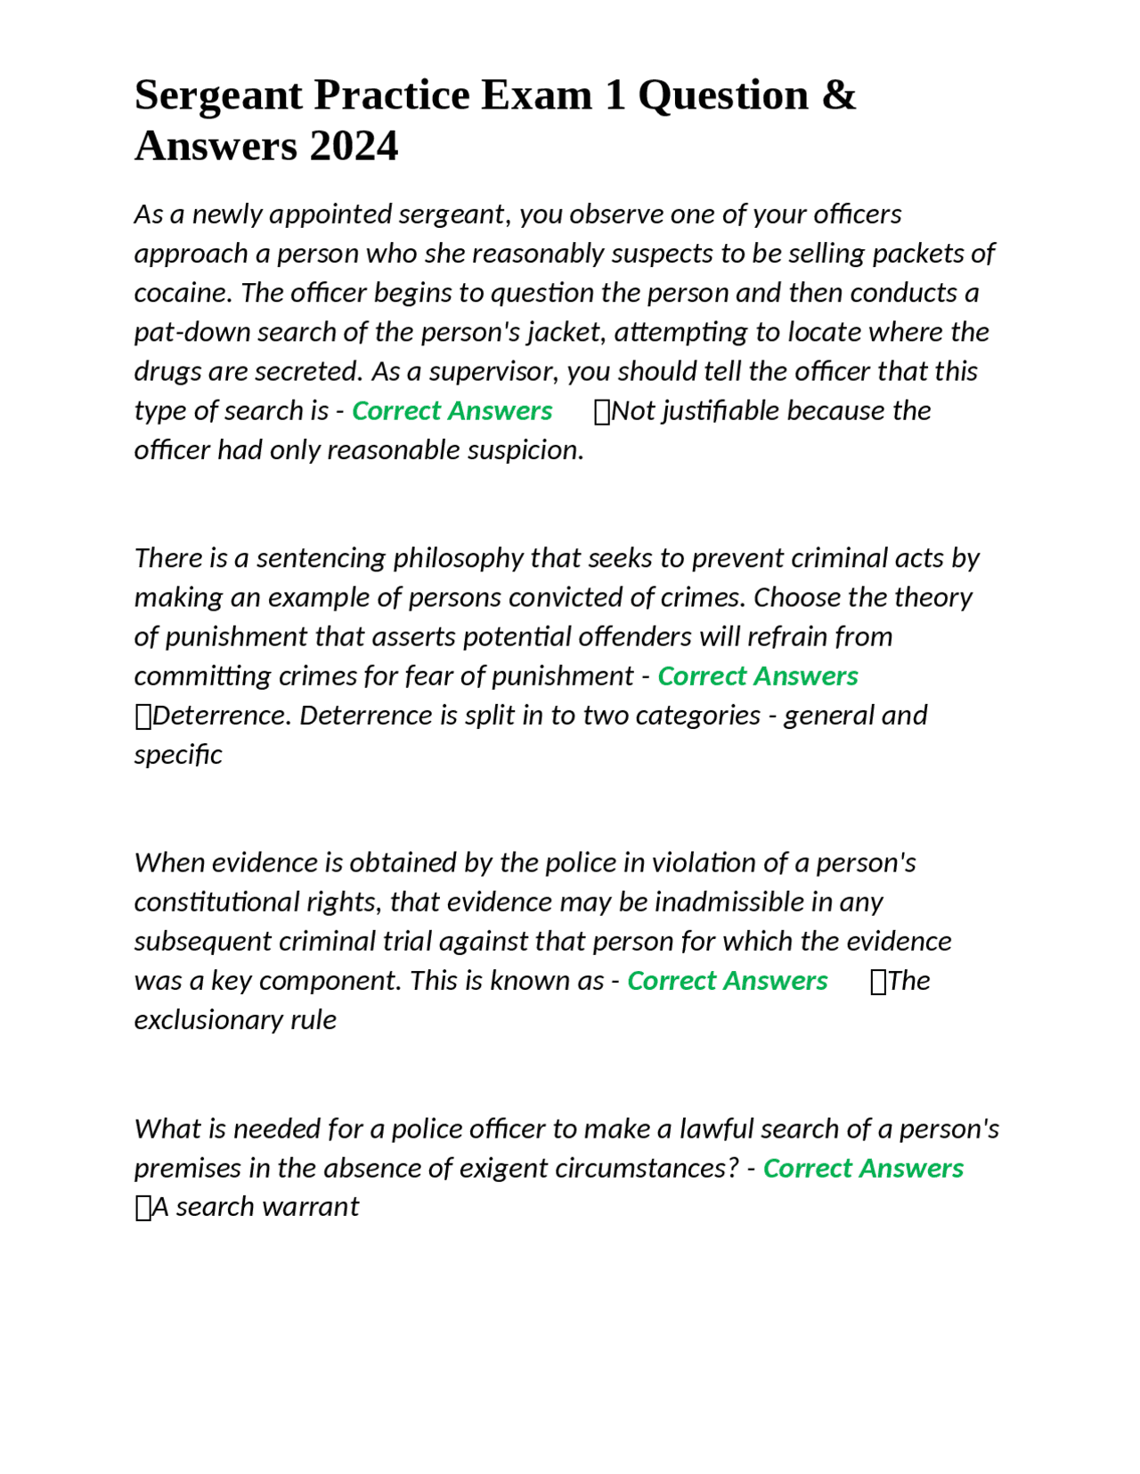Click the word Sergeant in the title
tap(218, 95)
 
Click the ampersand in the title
tap(838, 95)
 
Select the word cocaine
tap(183, 293)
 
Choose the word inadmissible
tap(729, 903)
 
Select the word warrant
tap(320, 1207)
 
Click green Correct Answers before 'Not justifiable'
tap(452, 411)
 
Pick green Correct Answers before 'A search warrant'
tap(863, 1168)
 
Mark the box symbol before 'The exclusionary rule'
tap(878, 982)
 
